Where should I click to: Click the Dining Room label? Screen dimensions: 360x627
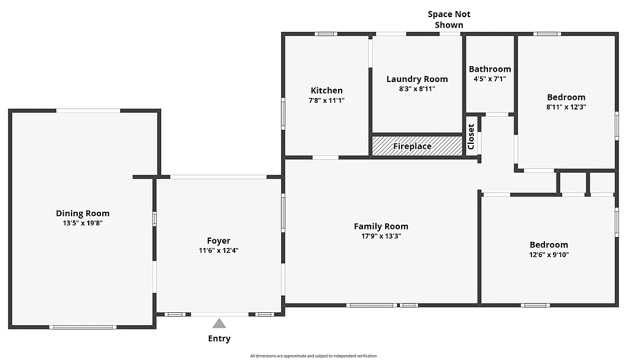[83, 213]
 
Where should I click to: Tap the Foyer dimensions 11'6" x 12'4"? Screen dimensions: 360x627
[219, 250]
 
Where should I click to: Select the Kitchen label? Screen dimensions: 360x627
[326, 90]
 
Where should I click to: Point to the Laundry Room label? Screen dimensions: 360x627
[417, 79]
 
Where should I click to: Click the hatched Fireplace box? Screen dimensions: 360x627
[417, 146]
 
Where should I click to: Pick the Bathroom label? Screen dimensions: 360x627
[490, 69]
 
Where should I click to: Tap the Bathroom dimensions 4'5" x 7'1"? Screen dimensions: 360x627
[490, 79]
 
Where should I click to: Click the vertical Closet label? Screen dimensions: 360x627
[471, 137]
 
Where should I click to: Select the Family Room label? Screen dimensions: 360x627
[381, 226]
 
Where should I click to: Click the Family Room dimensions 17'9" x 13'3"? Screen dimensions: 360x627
[381, 236]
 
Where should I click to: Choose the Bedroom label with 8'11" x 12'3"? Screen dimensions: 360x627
[566, 97]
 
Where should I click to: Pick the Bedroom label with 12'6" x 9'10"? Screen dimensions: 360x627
[549, 244]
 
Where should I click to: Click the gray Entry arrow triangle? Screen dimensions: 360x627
[219, 323]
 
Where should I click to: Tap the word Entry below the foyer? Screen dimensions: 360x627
[219, 339]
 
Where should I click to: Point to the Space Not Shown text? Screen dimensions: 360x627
[449, 20]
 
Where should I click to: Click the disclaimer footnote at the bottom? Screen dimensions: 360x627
[313, 356]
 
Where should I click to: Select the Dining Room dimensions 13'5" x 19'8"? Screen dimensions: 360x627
[83, 223]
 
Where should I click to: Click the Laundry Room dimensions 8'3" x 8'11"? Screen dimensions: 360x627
[417, 89]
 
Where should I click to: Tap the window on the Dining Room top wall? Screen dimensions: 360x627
[88, 110]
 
